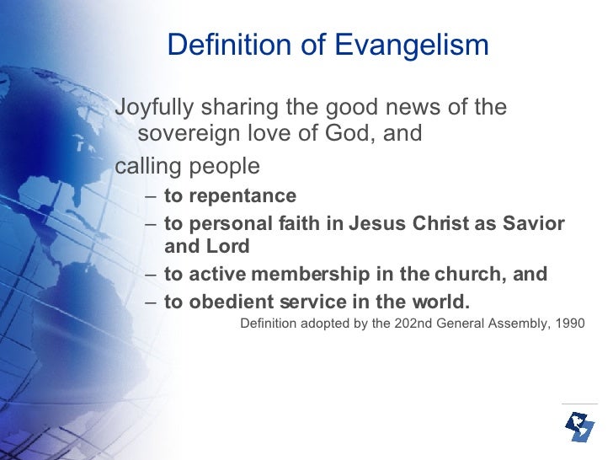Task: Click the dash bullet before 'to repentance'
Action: (149, 197)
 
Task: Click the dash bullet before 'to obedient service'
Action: (149, 302)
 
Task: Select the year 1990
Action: (568, 324)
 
